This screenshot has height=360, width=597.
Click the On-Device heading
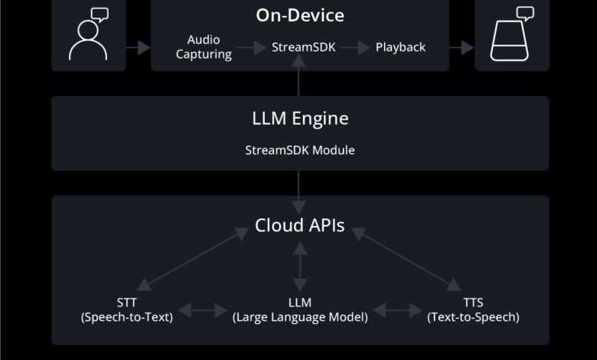(x=299, y=15)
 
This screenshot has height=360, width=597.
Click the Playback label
(x=400, y=47)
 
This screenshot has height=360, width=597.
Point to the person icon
(x=87, y=43)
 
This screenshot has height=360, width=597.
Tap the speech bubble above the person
(x=99, y=13)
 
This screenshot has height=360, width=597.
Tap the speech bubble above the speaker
(x=525, y=13)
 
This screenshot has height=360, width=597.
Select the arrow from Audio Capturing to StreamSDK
(x=250, y=47)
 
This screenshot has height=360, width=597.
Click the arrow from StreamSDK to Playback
(x=354, y=47)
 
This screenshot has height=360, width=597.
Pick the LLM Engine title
(x=299, y=119)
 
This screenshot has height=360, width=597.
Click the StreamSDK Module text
(x=299, y=150)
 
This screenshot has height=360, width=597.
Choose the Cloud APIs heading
(x=299, y=226)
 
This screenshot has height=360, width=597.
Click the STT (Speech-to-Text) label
(x=126, y=309)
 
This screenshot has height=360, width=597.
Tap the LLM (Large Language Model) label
(x=300, y=309)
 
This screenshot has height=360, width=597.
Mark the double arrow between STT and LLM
(x=202, y=310)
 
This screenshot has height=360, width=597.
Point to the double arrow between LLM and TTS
(x=398, y=310)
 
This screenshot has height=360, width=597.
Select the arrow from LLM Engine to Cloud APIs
(x=299, y=191)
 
